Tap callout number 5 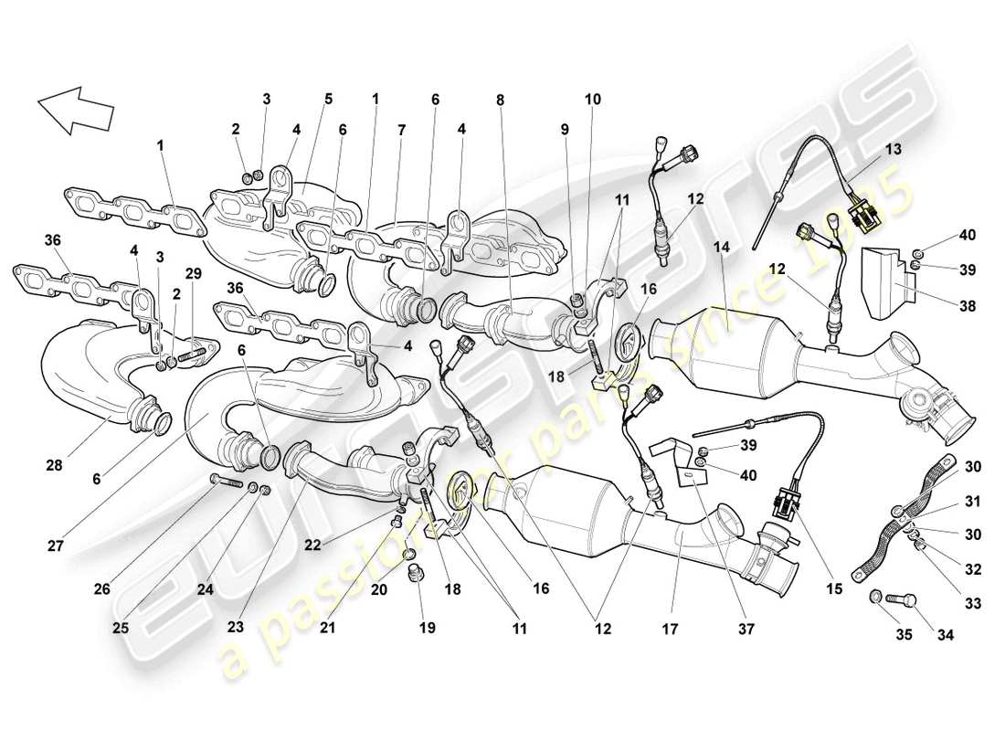pyautogui.click(x=328, y=99)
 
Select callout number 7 pyautogui.click(x=400, y=132)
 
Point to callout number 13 pyautogui.click(x=893, y=148)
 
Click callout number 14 pyautogui.click(x=723, y=246)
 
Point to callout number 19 pyautogui.click(x=428, y=628)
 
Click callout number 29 pyautogui.click(x=193, y=273)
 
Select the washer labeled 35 pyautogui.click(x=875, y=598)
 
